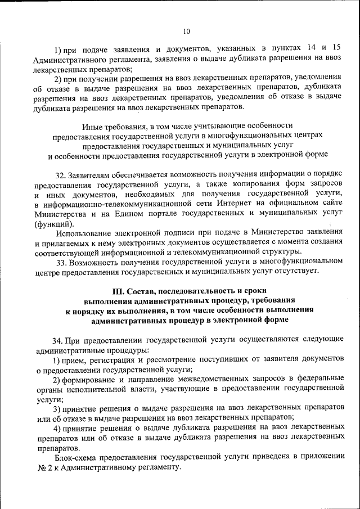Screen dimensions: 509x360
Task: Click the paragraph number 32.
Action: tap(61, 175)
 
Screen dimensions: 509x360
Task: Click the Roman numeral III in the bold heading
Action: tap(119, 291)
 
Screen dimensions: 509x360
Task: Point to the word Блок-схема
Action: tap(76, 457)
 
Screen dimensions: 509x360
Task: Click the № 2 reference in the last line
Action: tap(42, 467)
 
